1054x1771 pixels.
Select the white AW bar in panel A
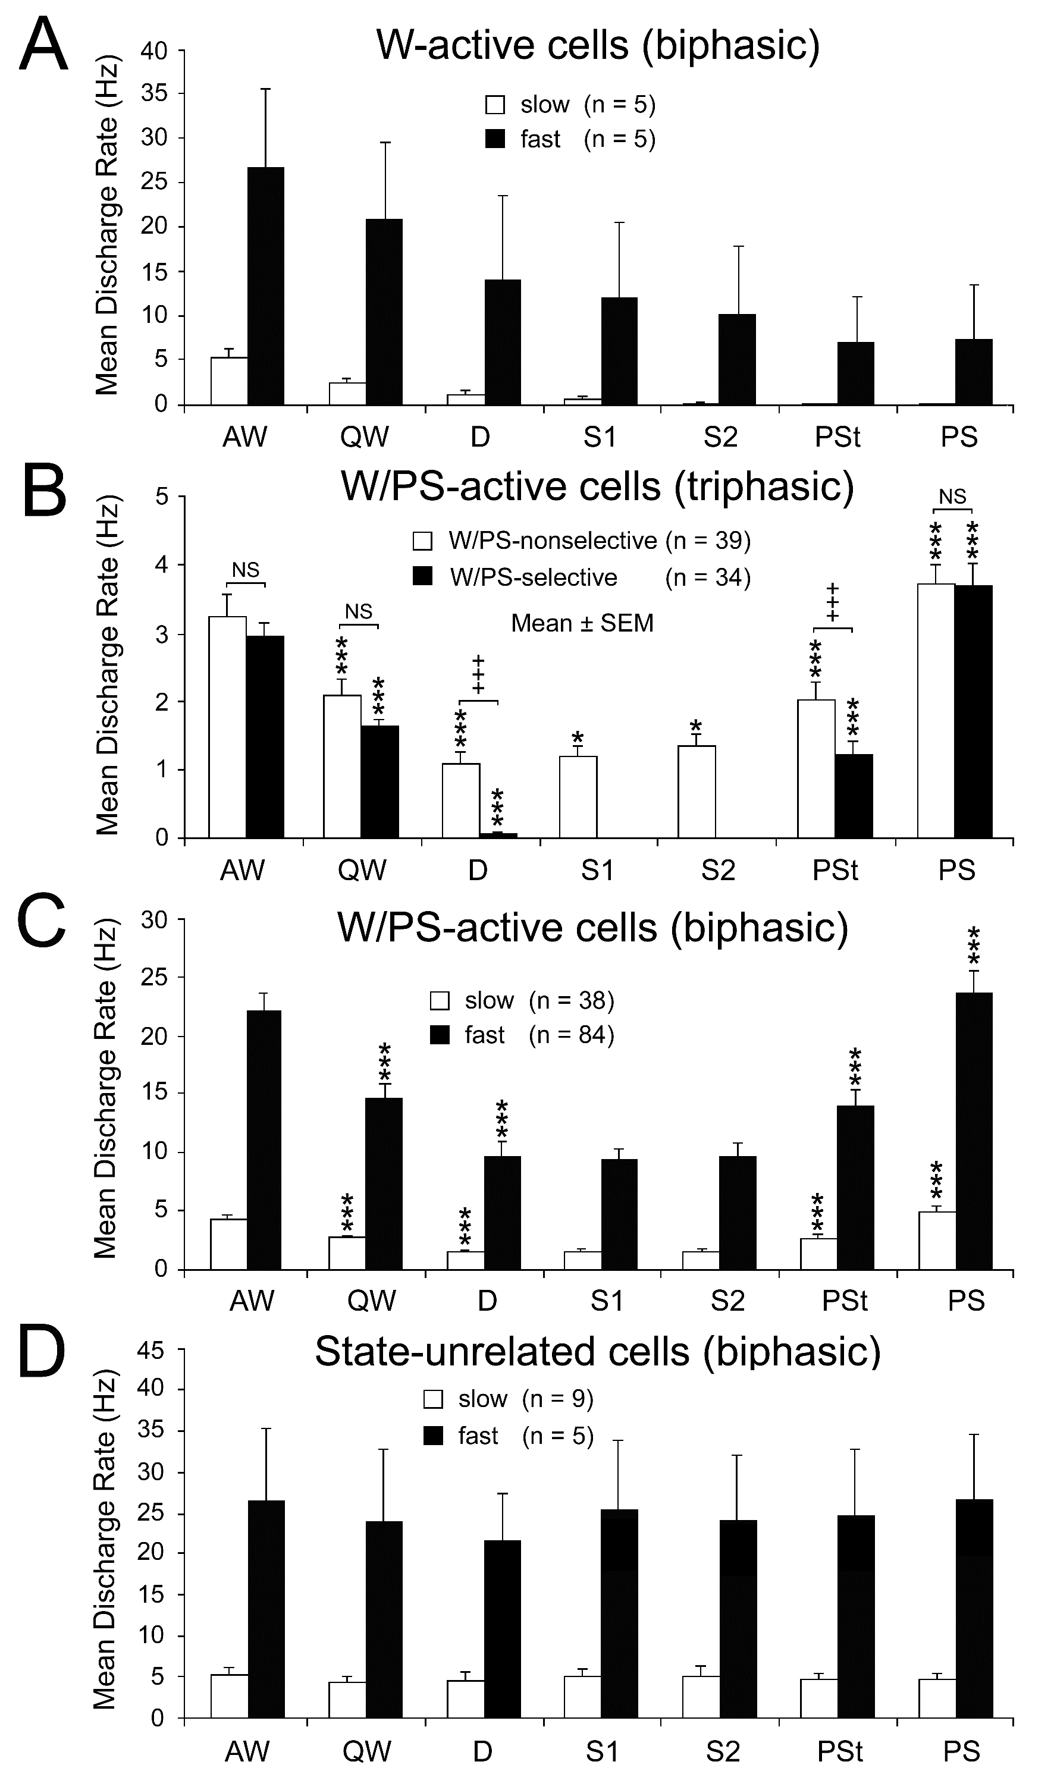pyautogui.click(x=228, y=381)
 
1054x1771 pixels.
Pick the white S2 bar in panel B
pyautogui.click(x=696, y=791)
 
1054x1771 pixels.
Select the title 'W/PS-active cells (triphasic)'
pyautogui.click(x=597, y=486)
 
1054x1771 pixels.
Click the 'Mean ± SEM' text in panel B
pyautogui.click(x=582, y=623)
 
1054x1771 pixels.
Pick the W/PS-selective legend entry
pyautogui.click(x=515, y=577)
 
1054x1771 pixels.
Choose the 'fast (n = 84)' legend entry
pyautogui.click(x=522, y=1035)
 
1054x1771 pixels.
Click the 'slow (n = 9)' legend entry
pyautogui.click(x=509, y=1398)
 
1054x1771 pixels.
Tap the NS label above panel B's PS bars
pyautogui.click(x=952, y=497)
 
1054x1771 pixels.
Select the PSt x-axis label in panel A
pyautogui.click(x=838, y=437)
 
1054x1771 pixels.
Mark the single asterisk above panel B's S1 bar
pyautogui.click(x=578, y=736)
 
